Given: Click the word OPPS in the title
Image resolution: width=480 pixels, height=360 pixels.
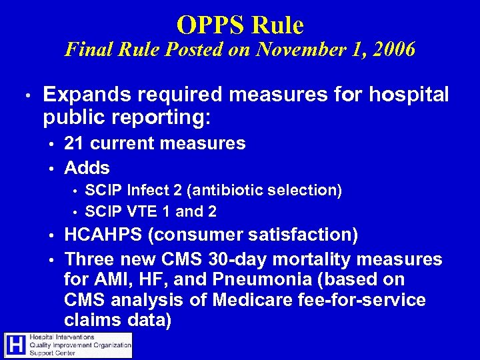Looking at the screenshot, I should coord(205,25).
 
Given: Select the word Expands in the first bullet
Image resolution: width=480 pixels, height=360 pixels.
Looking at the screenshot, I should coord(82,95).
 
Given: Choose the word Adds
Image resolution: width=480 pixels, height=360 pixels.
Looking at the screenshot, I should coord(87,167).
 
